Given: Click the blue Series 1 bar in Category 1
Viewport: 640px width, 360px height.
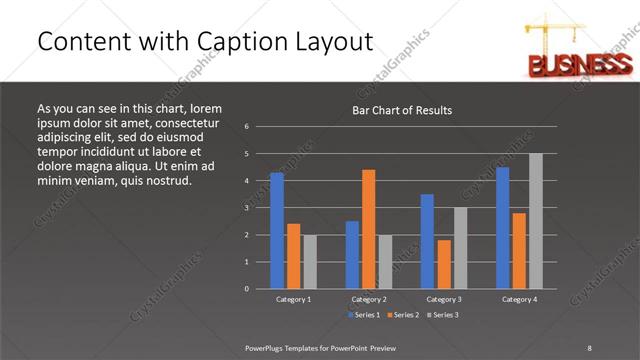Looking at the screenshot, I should click(277, 231).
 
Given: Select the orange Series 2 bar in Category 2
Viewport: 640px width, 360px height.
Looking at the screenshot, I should click(369, 229).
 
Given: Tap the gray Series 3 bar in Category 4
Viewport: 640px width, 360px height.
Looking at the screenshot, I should click(536, 221).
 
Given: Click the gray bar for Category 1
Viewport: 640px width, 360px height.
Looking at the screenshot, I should click(310, 262).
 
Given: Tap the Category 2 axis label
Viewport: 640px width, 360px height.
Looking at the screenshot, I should click(369, 299).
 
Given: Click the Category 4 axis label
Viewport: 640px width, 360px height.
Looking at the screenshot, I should click(519, 299).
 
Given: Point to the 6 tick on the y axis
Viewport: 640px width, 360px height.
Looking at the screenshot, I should click(246, 127).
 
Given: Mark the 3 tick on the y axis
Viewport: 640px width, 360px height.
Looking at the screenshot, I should click(246, 208).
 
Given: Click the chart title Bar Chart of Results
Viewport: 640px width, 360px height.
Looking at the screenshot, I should click(403, 109).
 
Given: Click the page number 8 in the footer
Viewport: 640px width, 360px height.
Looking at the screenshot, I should click(589, 347).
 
